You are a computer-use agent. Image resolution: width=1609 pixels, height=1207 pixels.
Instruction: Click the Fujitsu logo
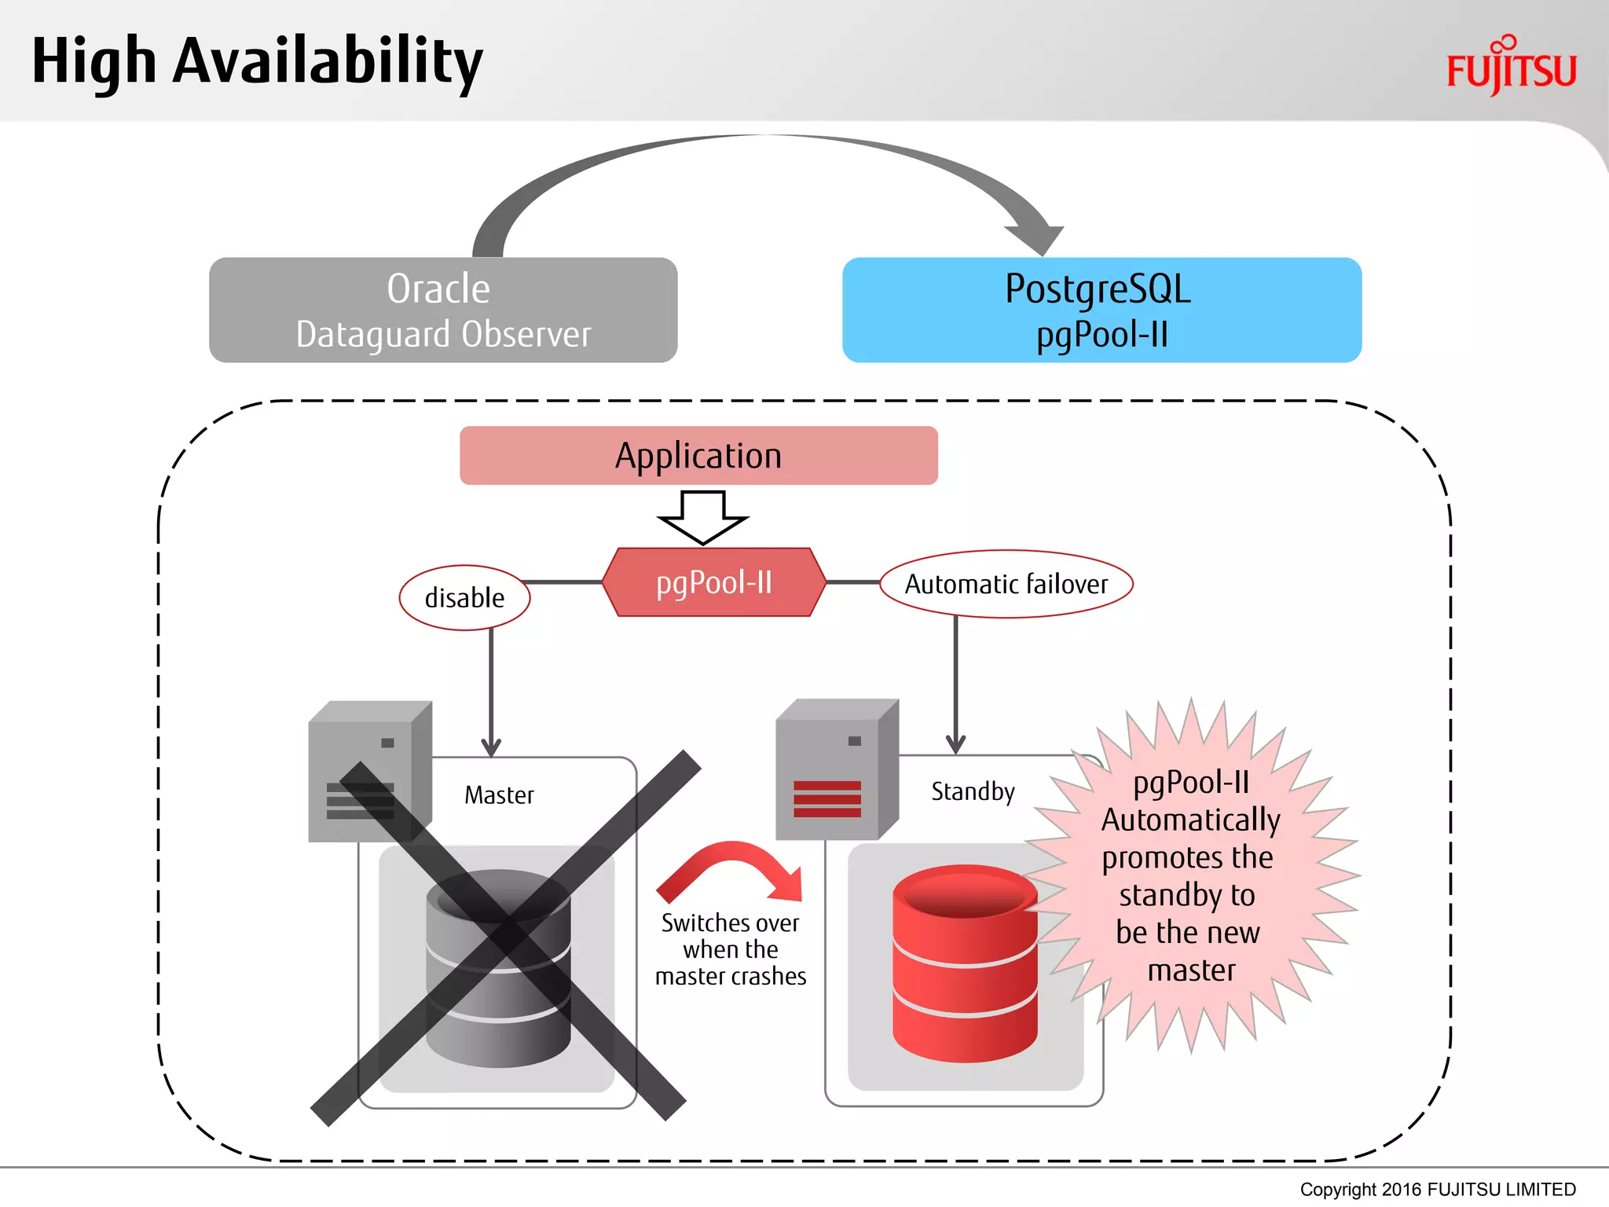coord(1511,67)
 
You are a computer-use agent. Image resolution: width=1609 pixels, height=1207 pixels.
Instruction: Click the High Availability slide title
coord(257,63)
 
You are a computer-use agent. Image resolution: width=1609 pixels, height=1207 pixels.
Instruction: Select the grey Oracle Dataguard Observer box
coord(443,310)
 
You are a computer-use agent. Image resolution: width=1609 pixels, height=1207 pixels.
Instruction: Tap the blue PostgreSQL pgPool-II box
coord(1101,310)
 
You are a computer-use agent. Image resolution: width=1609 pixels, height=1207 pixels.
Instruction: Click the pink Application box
coord(698,456)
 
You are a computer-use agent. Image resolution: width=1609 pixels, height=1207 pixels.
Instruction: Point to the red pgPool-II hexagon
coord(714,582)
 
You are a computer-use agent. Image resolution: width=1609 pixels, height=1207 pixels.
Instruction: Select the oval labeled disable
coord(464,598)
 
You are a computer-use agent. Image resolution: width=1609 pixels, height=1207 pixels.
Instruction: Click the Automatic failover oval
coord(1006,584)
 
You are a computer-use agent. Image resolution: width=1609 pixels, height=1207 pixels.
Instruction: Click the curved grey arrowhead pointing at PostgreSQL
coord(1037,235)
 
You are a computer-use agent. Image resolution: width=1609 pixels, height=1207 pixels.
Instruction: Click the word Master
coord(499,795)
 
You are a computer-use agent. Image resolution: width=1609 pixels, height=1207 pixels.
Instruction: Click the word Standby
coord(973,791)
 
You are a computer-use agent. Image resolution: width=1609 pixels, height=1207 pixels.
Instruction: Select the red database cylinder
coord(965,963)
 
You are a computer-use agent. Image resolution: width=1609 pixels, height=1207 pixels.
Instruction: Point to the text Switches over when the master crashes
coord(731,949)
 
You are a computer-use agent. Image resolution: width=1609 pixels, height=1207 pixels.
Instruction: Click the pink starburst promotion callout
coord(1190,876)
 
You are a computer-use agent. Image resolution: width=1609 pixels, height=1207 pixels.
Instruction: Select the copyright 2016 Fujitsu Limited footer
coord(1437,1190)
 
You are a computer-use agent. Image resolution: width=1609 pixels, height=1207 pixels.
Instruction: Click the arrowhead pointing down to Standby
coord(955,744)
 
